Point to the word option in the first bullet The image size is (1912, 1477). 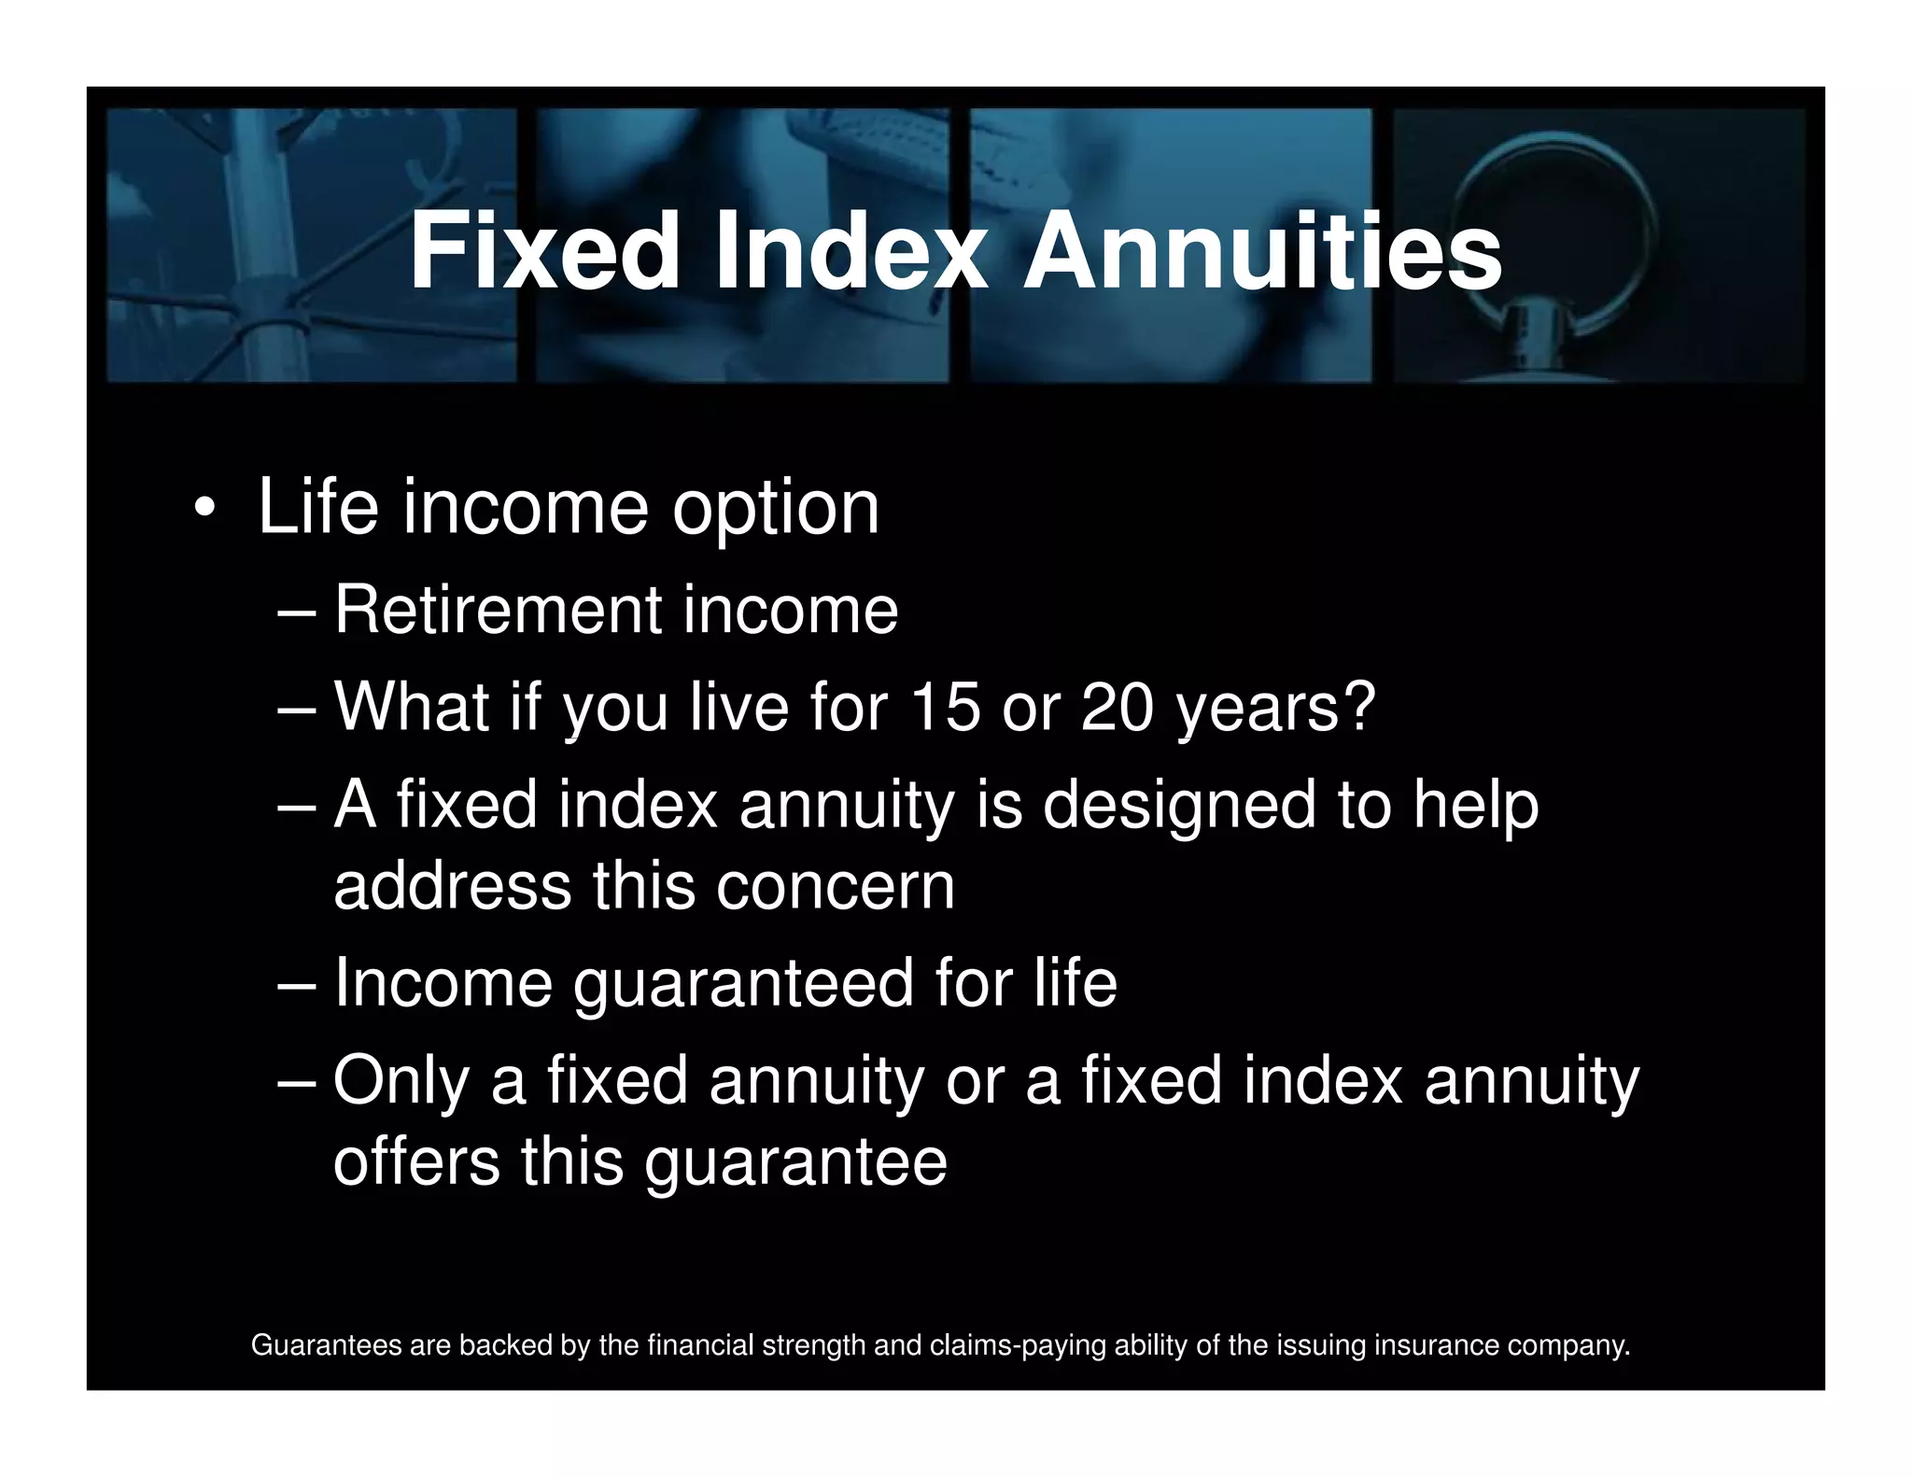[x=776, y=510]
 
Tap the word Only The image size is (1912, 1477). [x=401, y=1081]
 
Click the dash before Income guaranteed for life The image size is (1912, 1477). [x=298, y=986]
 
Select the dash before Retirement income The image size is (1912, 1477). [x=298, y=612]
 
